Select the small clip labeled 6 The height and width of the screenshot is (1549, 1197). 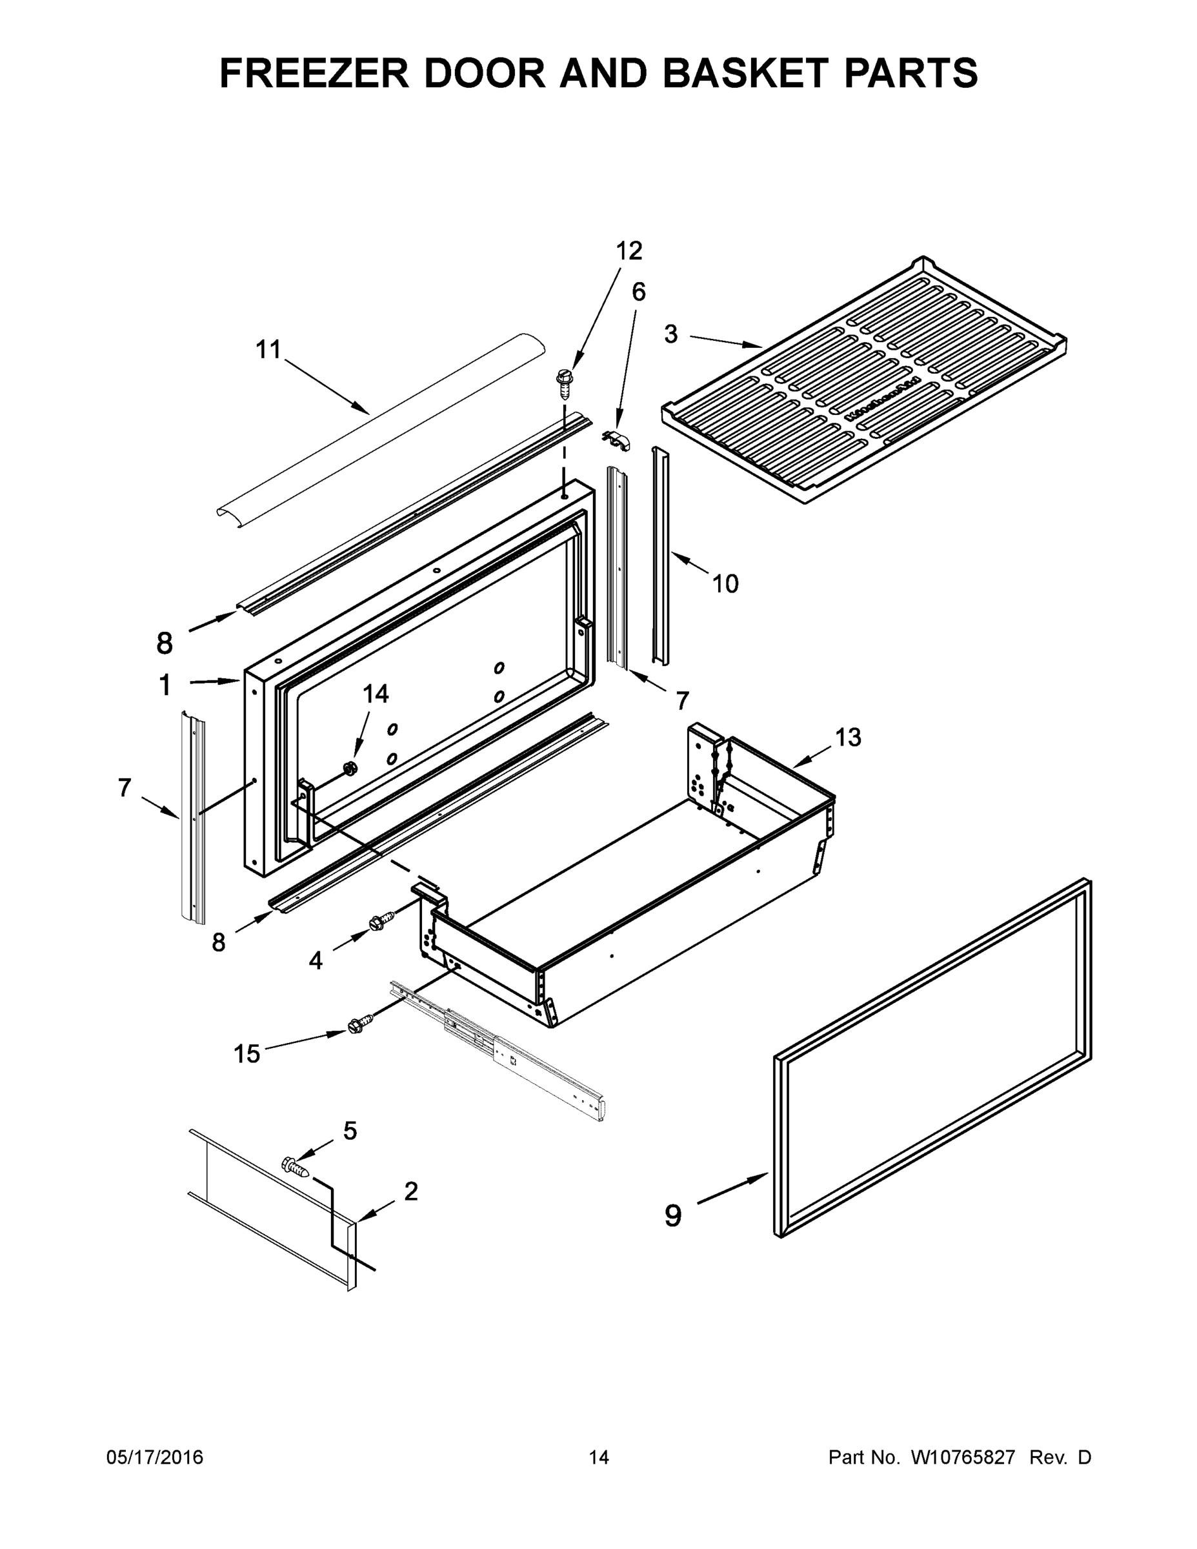618,440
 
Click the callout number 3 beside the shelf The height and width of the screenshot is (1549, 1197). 671,334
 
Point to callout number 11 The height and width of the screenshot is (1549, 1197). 268,349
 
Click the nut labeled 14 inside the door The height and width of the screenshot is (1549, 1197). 349,767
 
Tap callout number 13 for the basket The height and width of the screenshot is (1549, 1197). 847,738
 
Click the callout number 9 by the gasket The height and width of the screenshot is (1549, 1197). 673,1216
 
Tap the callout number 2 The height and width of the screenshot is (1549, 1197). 410,1191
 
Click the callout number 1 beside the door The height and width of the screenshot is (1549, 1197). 165,686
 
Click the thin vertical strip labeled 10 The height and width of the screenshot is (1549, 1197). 659,557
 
